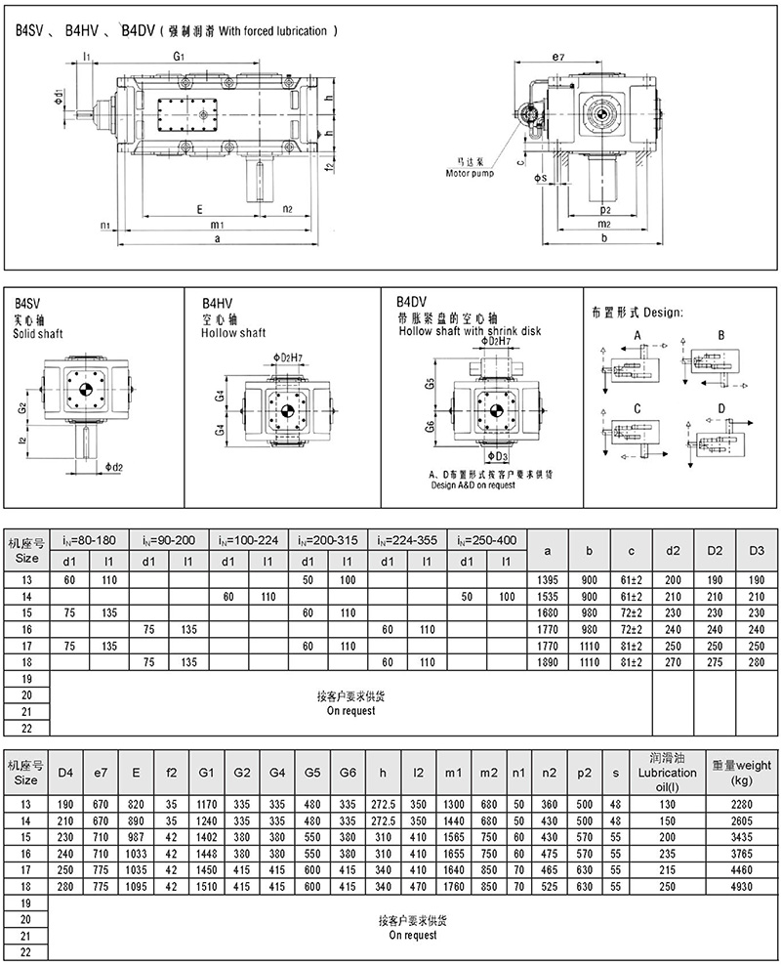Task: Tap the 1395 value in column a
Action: click(548, 579)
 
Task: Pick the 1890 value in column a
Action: click(548, 661)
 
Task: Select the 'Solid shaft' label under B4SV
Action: click(38, 334)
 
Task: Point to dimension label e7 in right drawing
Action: click(557, 58)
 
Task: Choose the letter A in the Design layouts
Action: click(636, 334)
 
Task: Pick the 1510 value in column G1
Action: click(206, 888)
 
